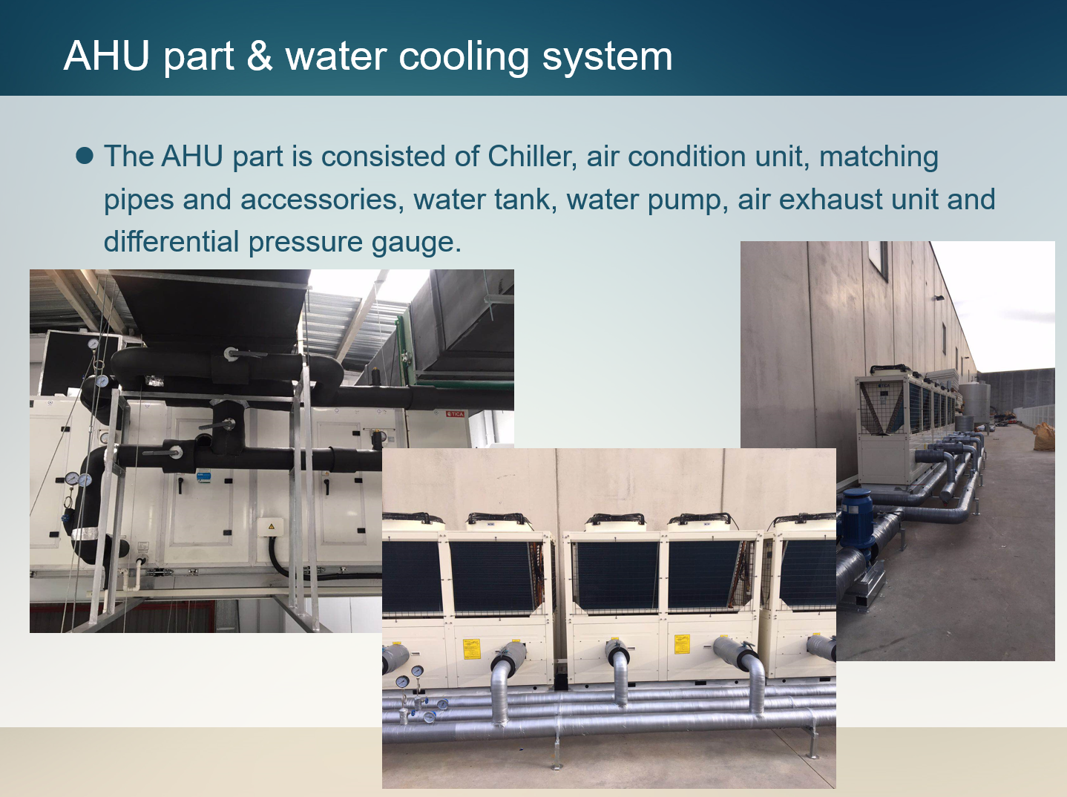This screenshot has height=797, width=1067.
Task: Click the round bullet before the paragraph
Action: tap(85, 156)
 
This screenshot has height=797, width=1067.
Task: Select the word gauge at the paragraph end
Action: tap(416, 243)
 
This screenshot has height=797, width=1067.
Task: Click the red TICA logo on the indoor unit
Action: tap(456, 414)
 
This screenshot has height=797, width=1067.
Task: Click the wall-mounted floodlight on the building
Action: tap(938, 298)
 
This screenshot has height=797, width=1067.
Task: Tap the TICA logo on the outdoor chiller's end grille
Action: tap(884, 387)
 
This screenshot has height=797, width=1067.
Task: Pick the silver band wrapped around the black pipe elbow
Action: tap(85, 534)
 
